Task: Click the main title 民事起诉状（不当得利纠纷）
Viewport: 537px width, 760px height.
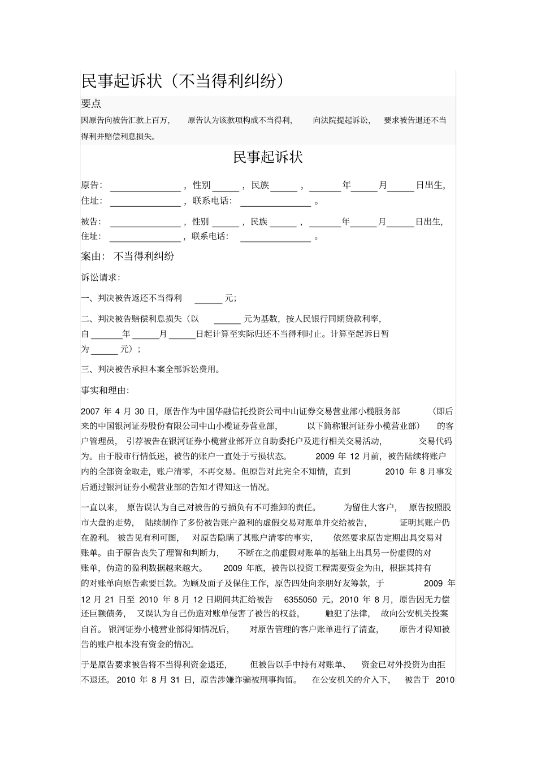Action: point(182,81)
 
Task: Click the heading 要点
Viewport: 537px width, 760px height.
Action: point(91,104)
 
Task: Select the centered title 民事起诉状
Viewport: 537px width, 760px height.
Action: point(268,157)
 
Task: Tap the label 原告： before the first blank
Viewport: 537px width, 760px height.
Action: point(92,185)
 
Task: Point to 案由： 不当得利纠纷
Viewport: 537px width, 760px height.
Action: point(128,257)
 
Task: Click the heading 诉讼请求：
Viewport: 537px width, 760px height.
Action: point(101,277)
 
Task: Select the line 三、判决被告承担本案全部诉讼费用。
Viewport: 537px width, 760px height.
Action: point(151,370)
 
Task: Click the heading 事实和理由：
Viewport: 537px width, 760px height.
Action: point(105,390)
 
